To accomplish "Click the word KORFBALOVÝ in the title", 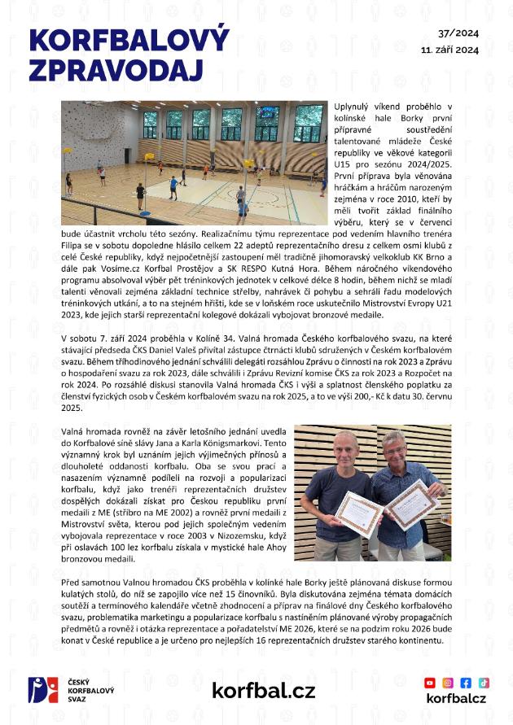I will click(129, 40).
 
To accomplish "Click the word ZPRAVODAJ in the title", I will click(115, 70).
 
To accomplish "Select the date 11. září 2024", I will click(449, 50).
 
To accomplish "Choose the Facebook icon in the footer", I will click(466, 683).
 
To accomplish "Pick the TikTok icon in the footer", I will click(484, 683).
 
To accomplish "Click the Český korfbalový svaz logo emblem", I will click(42, 690).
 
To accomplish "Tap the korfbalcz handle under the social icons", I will click(456, 699).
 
